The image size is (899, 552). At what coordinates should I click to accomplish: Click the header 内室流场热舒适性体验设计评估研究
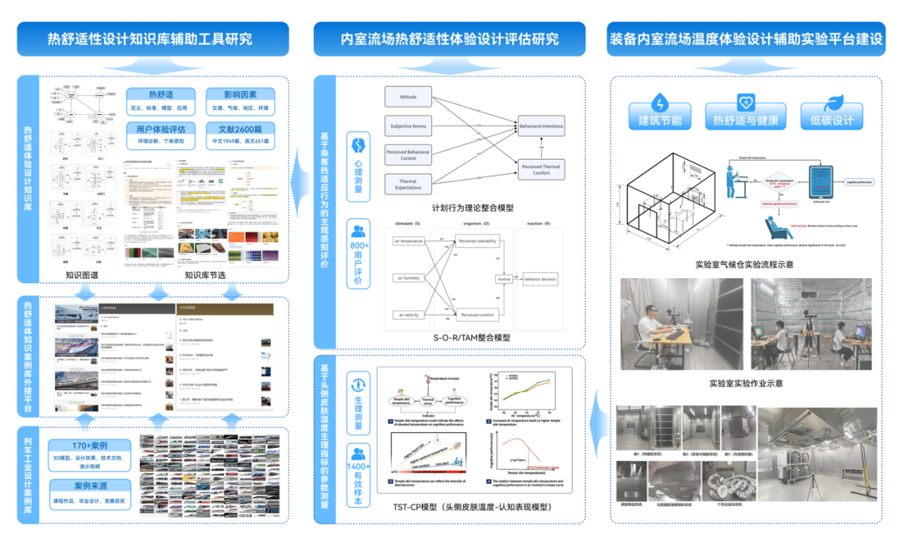click(449, 39)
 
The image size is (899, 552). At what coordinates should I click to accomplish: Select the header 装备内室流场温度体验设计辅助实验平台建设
click(745, 39)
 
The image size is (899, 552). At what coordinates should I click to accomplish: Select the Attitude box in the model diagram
click(408, 97)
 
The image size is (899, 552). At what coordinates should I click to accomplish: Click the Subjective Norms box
click(408, 127)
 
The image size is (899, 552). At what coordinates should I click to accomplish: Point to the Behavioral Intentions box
click(541, 127)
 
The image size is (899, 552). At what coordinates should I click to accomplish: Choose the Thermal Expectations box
click(408, 184)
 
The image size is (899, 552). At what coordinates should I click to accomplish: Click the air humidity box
click(408, 278)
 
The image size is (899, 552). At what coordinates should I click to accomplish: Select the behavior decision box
click(540, 280)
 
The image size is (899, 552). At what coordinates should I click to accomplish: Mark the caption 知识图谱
click(82, 274)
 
